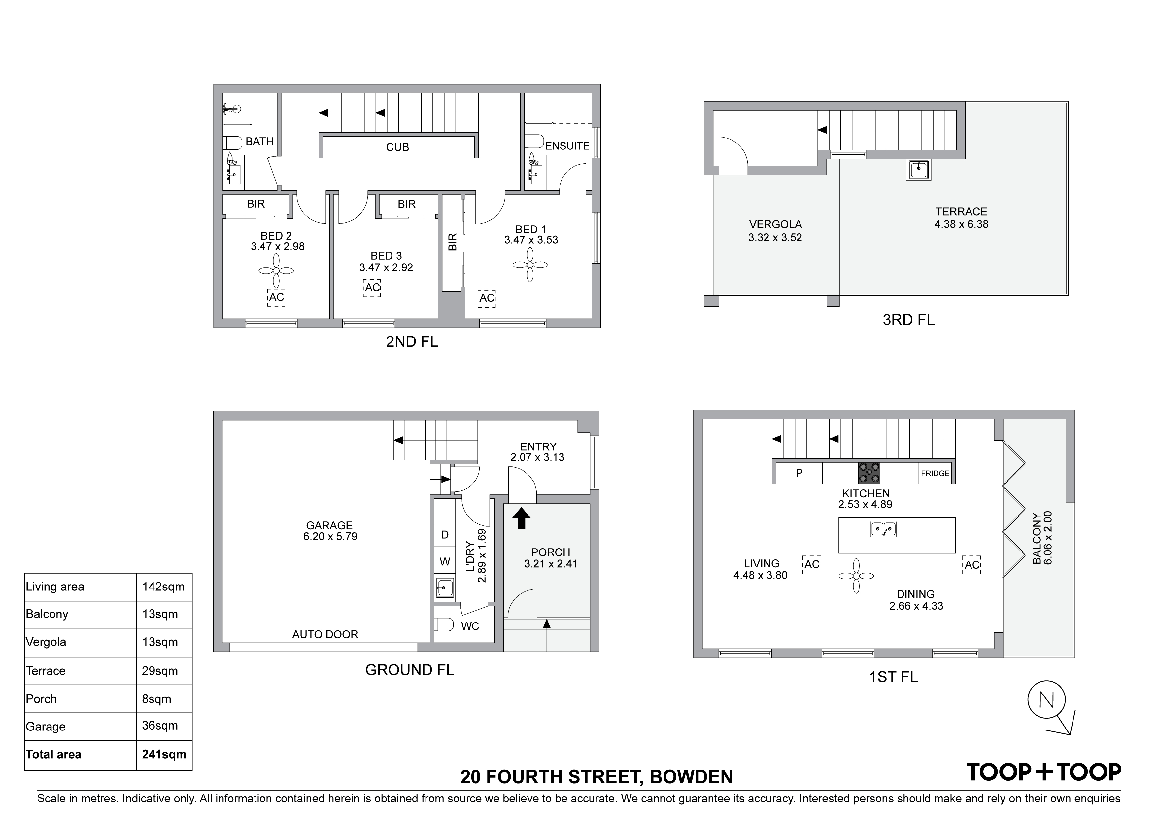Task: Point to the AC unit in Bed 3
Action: click(372, 288)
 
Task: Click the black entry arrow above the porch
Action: click(522, 518)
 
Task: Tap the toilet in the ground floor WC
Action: click(444, 625)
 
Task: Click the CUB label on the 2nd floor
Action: click(397, 147)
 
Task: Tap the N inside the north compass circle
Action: click(1046, 700)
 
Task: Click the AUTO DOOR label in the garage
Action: click(325, 634)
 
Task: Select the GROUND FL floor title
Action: click(410, 670)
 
